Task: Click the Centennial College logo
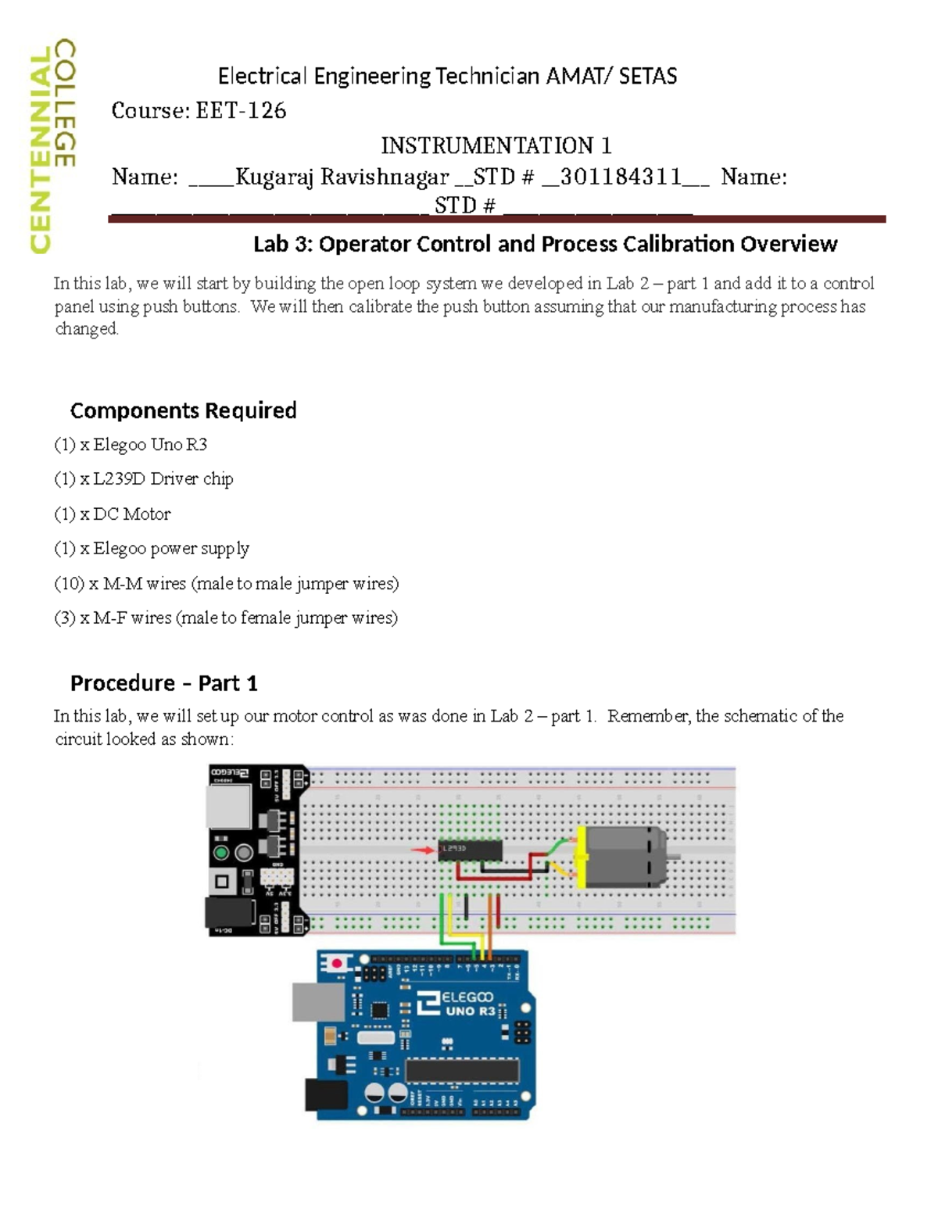[52, 146]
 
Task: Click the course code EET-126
[241, 111]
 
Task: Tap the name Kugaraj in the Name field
[274, 177]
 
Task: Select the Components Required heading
[183, 410]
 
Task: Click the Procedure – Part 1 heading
[163, 683]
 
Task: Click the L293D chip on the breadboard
[469, 850]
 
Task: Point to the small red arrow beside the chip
[424, 850]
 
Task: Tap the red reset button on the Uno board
[337, 963]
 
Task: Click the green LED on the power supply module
[221, 852]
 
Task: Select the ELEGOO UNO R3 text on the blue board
[467, 1003]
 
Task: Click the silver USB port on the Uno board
[317, 1002]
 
